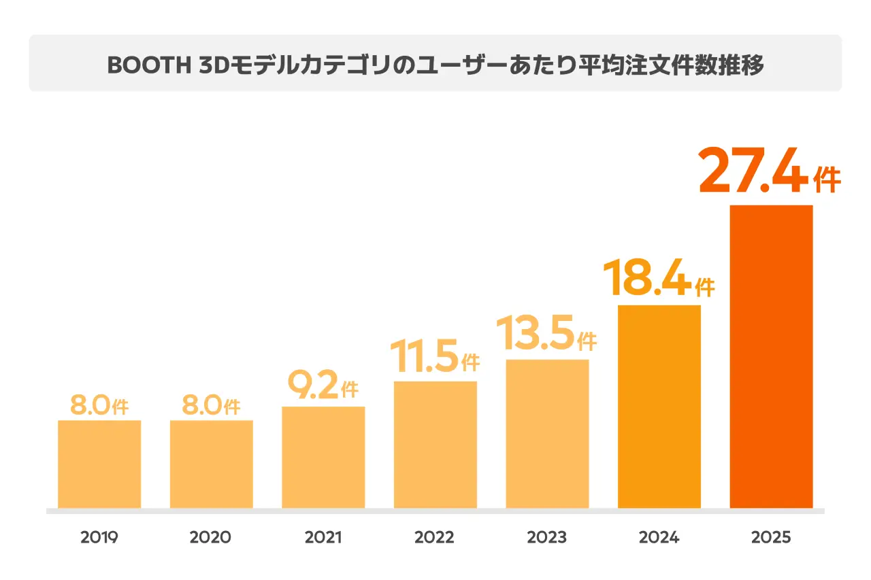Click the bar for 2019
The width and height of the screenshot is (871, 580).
click(99, 464)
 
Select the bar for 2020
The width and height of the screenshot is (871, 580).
click(212, 464)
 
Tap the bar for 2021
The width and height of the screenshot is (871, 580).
click(323, 457)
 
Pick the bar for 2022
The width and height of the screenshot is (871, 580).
click(435, 445)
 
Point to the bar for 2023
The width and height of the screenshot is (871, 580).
click(547, 433)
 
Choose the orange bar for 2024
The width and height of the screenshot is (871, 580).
click(659, 406)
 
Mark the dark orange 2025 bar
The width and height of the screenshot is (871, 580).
click(771, 356)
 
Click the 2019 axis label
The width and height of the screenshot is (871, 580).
click(99, 537)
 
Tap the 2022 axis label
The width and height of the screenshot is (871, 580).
click(435, 537)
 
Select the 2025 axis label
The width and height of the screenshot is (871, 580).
click(771, 537)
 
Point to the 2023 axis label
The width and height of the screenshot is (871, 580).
click(547, 537)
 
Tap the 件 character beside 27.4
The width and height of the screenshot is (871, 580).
click(827, 180)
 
